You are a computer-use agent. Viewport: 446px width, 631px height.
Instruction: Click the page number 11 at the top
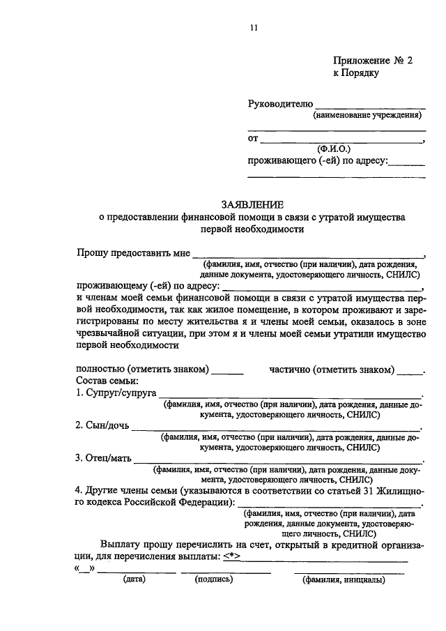[x=254, y=28]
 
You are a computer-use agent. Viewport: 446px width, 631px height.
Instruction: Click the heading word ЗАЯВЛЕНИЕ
[x=252, y=205]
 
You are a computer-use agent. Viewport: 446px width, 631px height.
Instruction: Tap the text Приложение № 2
[x=372, y=61]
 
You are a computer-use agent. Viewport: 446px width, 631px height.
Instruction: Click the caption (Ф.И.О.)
[x=335, y=149]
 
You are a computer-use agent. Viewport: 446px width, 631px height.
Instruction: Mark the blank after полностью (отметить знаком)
[x=227, y=373]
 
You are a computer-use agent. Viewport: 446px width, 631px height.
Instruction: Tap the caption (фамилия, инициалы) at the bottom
[x=342, y=579]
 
